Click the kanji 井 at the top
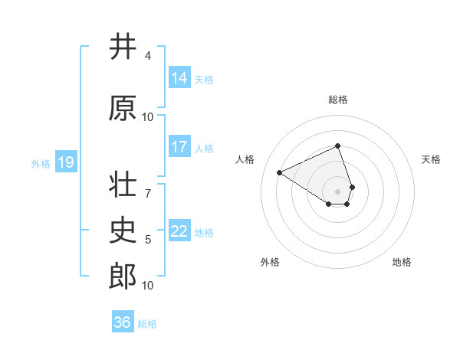[x=123, y=47]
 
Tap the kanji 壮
[x=123, y=185]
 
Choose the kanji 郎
[x=123, y=277]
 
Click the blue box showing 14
[x=179, y=78]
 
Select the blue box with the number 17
[x=179, y=147]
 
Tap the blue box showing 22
[x=179, y=231]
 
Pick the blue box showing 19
[x=66, y=162]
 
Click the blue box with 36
[x=123, y=322]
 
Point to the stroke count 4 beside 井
[x=148, y=56]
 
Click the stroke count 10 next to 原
[x=148, y=117]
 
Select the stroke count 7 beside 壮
[x=148, y=186]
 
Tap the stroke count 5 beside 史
[x=148, y=240]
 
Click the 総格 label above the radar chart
[x=338, y=100]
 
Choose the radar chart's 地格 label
[x=402, y=262]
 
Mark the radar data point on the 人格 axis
[x=280, y=172]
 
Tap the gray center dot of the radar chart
[x=338, y=191]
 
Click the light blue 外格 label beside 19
[x=41, y=163]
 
